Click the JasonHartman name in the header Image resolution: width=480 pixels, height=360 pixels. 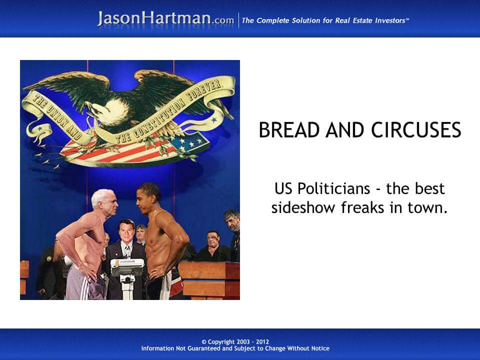[x=154, y=19]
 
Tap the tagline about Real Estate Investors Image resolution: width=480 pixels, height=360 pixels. [x=325, y=20]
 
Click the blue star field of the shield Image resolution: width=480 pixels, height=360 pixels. [x=188, y=142]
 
